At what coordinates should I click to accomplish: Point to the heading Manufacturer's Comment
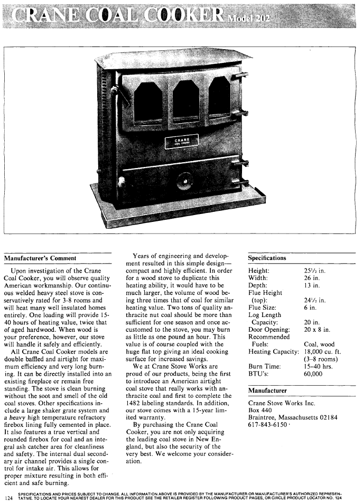click(x=41, y=258)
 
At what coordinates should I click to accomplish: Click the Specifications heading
click(x=267, y=258)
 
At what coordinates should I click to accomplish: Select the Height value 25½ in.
click(x=314, y=271)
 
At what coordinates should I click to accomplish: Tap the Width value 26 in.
click(x=312, y=279)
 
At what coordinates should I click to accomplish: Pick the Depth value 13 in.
click(x=312, y=287)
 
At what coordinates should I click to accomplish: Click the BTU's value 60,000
click(x=314, y=374)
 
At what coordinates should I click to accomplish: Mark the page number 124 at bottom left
click(x=8, y=497)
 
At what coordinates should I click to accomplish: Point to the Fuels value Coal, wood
click(x=319, y=344)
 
